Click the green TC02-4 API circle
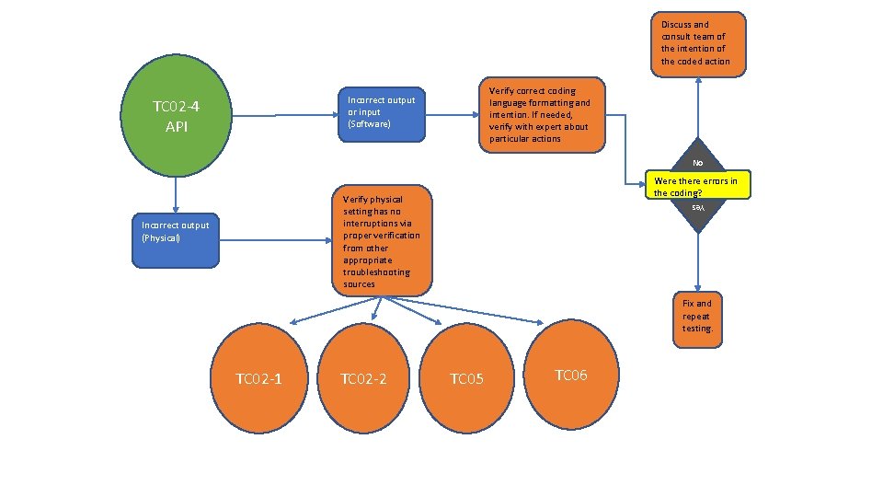click(x=176, y=116)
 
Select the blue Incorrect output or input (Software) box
click(x=381, y=112)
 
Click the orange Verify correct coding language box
click(x=541, y=114)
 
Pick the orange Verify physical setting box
click(x=380, y=241)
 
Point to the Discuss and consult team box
click(x=698, y=42)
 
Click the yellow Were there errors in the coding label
click(x=695, y=186)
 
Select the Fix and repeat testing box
click(x=697, y=316)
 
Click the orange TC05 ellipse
click(x=467, y=378)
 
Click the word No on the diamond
click(x=698, y=163)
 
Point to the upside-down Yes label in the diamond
click(x=698, y=208)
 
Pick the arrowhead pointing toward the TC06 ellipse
click(x=539, y=322)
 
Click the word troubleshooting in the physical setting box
click(x=375, y=272)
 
